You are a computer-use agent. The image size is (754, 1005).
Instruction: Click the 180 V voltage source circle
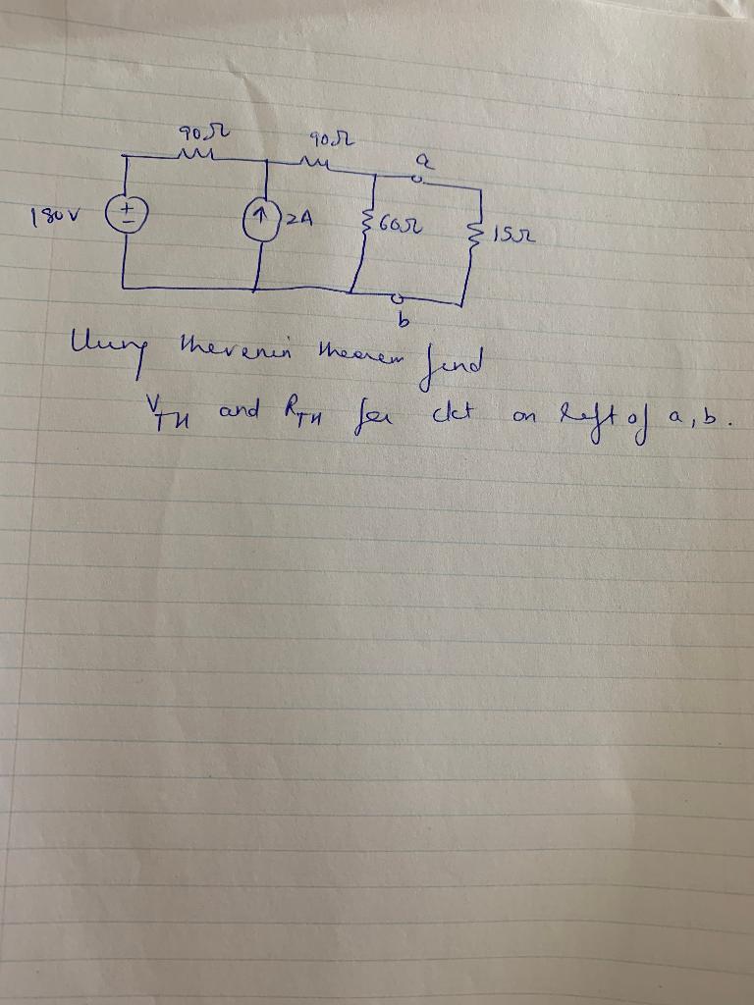(129, 212)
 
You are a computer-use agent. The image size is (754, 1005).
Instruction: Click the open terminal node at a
(418, 181)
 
